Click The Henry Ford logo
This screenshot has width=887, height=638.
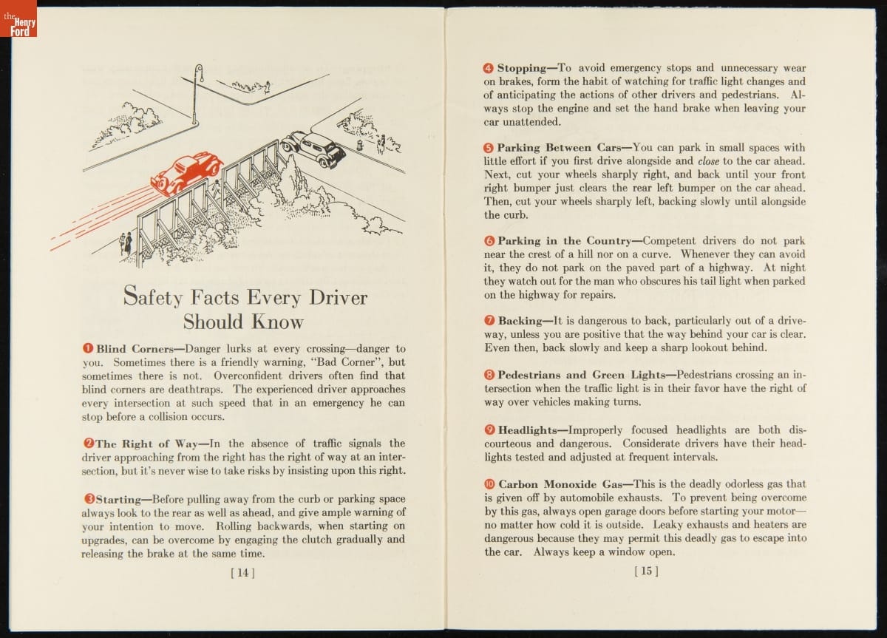(18, 18)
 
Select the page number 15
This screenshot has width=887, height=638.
(646, 571)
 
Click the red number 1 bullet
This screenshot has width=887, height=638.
(87, 348)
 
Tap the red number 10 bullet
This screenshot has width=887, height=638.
(489, 484)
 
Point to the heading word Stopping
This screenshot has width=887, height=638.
(521, 68)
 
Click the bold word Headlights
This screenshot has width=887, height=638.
(527, 430)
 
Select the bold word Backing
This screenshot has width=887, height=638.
(520, 321)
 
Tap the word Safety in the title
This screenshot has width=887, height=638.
(154, 297)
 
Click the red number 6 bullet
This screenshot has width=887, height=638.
(489, 241)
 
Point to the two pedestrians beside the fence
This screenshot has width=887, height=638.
(126, 242)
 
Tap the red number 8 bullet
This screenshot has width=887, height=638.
(489, 375)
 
